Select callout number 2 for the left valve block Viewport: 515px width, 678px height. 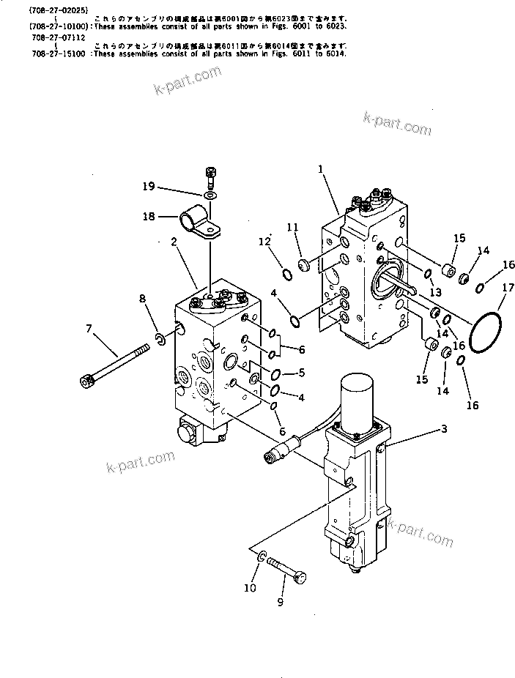175,242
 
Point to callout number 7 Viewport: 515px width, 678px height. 89,329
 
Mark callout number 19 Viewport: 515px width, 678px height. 149,187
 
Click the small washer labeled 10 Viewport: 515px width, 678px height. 262,560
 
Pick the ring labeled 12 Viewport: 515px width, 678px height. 287,275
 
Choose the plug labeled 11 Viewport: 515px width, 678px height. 305,263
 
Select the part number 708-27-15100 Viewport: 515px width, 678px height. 58,53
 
